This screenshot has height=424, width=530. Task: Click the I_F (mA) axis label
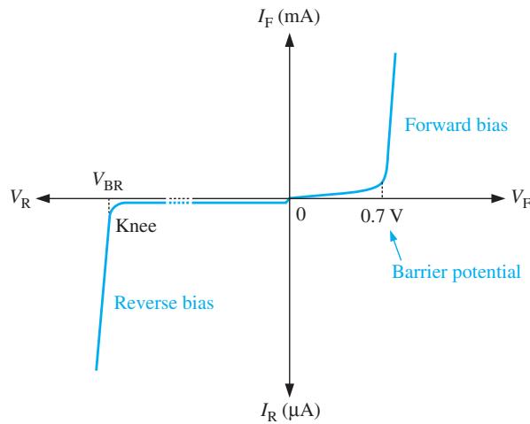point(289,18)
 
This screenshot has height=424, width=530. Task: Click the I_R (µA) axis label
point(290,412)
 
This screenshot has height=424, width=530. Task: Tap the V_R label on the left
point(20,198)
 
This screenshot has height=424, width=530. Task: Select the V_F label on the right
point(521,198)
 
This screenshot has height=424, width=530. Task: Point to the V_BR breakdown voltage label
point(108,181)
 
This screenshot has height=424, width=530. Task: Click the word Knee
point(136,226)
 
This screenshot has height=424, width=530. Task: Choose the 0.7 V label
point(382,216)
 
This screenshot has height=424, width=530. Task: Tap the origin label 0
point(300,215)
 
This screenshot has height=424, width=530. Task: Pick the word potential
point(487,273)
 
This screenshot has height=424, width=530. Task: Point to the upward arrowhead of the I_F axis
point(289,40)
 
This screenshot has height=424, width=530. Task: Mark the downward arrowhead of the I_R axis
point(289,390)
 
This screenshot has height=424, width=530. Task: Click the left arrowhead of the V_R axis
point(43,198)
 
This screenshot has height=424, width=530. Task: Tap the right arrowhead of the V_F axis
point(497,198)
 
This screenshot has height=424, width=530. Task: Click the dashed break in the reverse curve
point(179,202)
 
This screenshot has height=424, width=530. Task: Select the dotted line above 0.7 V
point(382,190)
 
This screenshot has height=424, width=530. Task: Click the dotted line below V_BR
point(109,206)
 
